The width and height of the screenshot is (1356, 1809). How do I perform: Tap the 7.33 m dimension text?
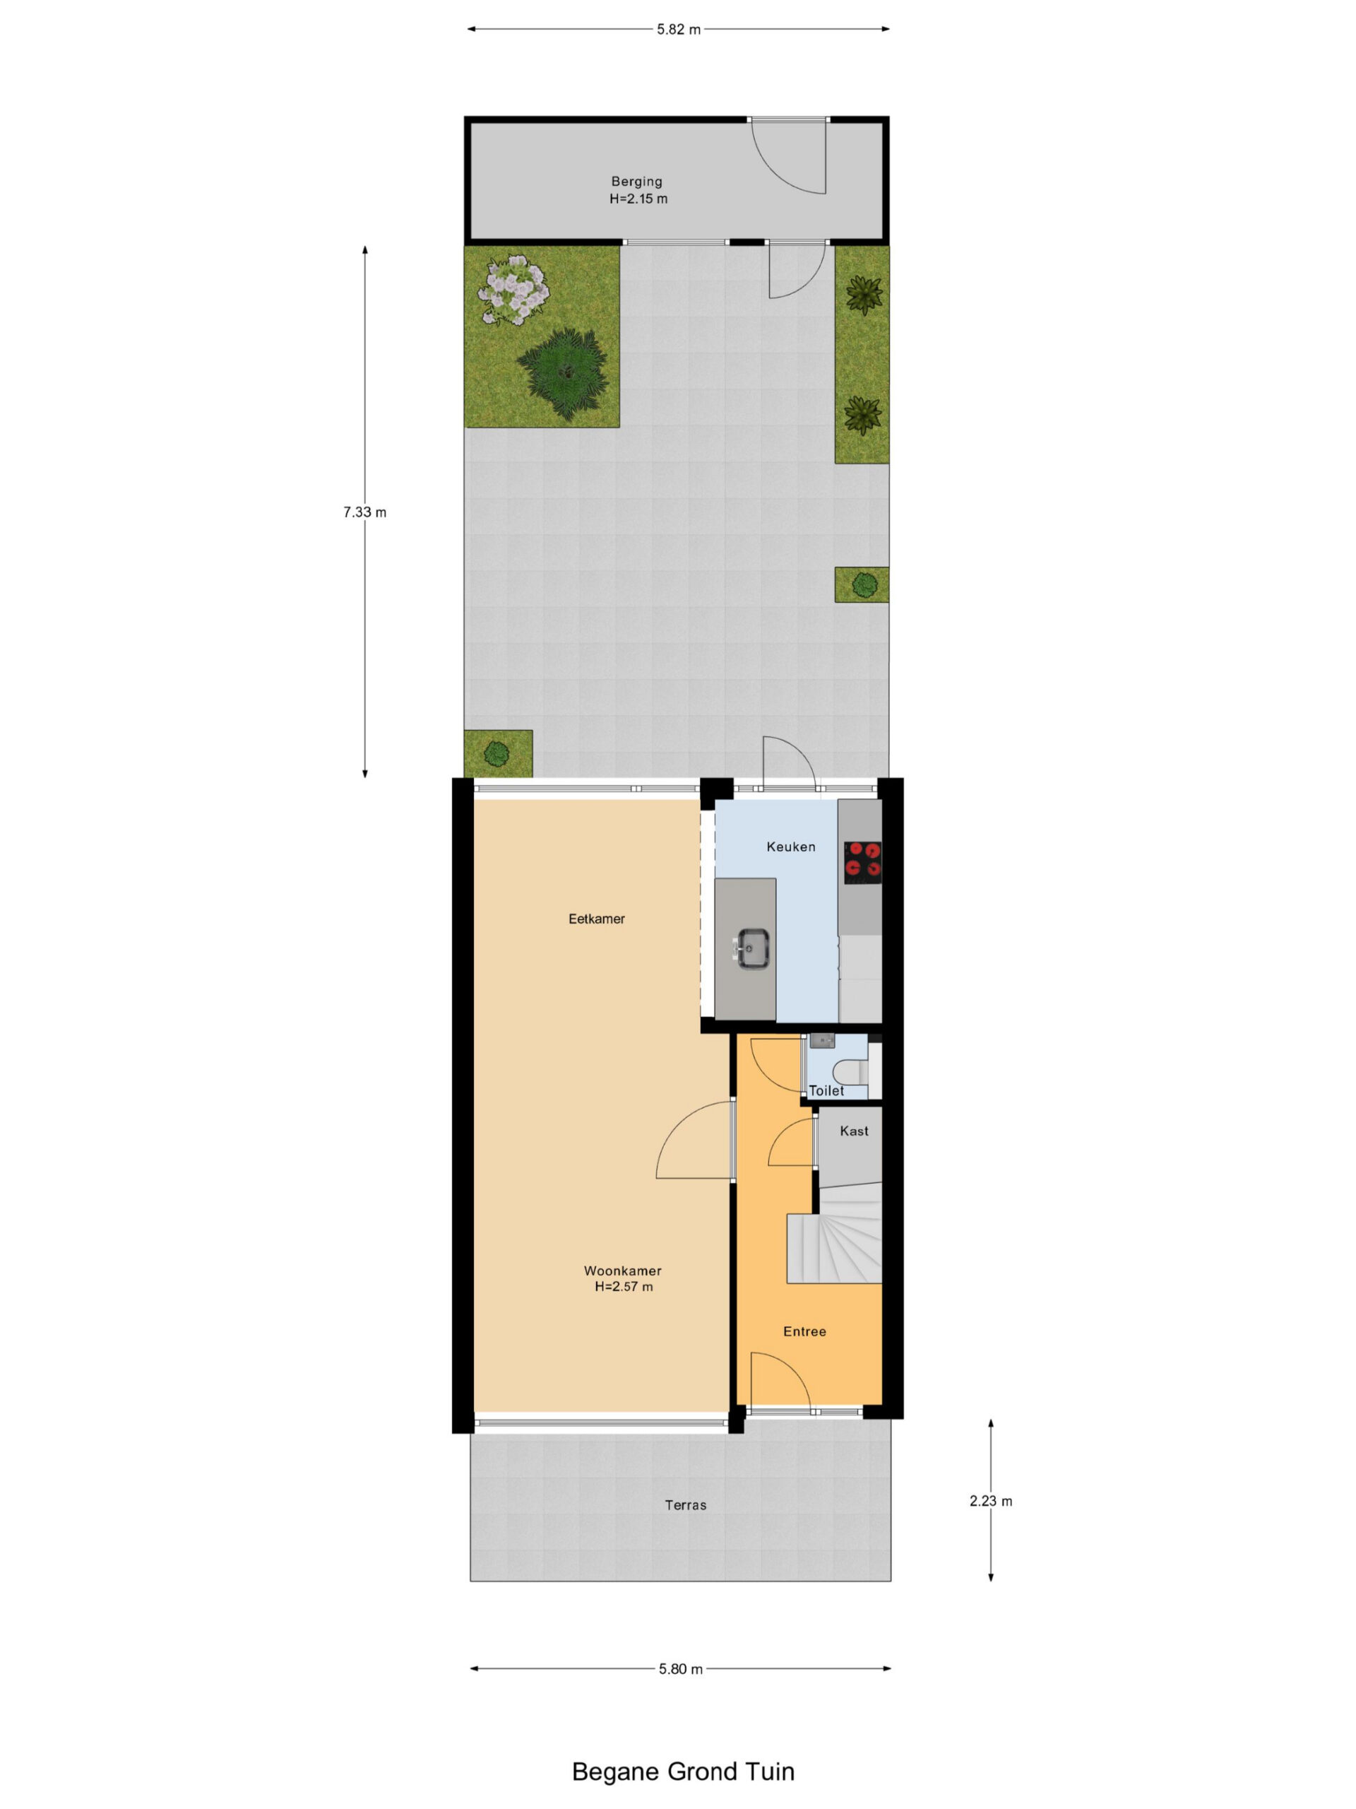(x=364, y=513)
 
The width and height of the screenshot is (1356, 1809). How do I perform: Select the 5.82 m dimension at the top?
(x=679, y=30)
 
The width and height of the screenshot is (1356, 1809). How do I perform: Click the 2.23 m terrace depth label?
(x=991, y=1501)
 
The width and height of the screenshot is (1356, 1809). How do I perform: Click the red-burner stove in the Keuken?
(x=862, y=862)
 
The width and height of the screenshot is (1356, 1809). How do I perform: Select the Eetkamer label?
(x=597, y=919)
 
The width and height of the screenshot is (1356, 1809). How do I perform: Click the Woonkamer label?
(x=623, y=1271)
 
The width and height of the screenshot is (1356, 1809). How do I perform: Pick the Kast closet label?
(x=854, y=1132)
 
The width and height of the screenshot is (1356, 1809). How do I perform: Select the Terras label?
(x=685, y=1504)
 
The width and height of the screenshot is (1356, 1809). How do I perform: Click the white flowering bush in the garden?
(x=513, y=290)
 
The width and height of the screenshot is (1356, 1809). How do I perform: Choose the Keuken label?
(x=790, y=847)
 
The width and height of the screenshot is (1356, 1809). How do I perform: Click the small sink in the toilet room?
(x=821, y=1041)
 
